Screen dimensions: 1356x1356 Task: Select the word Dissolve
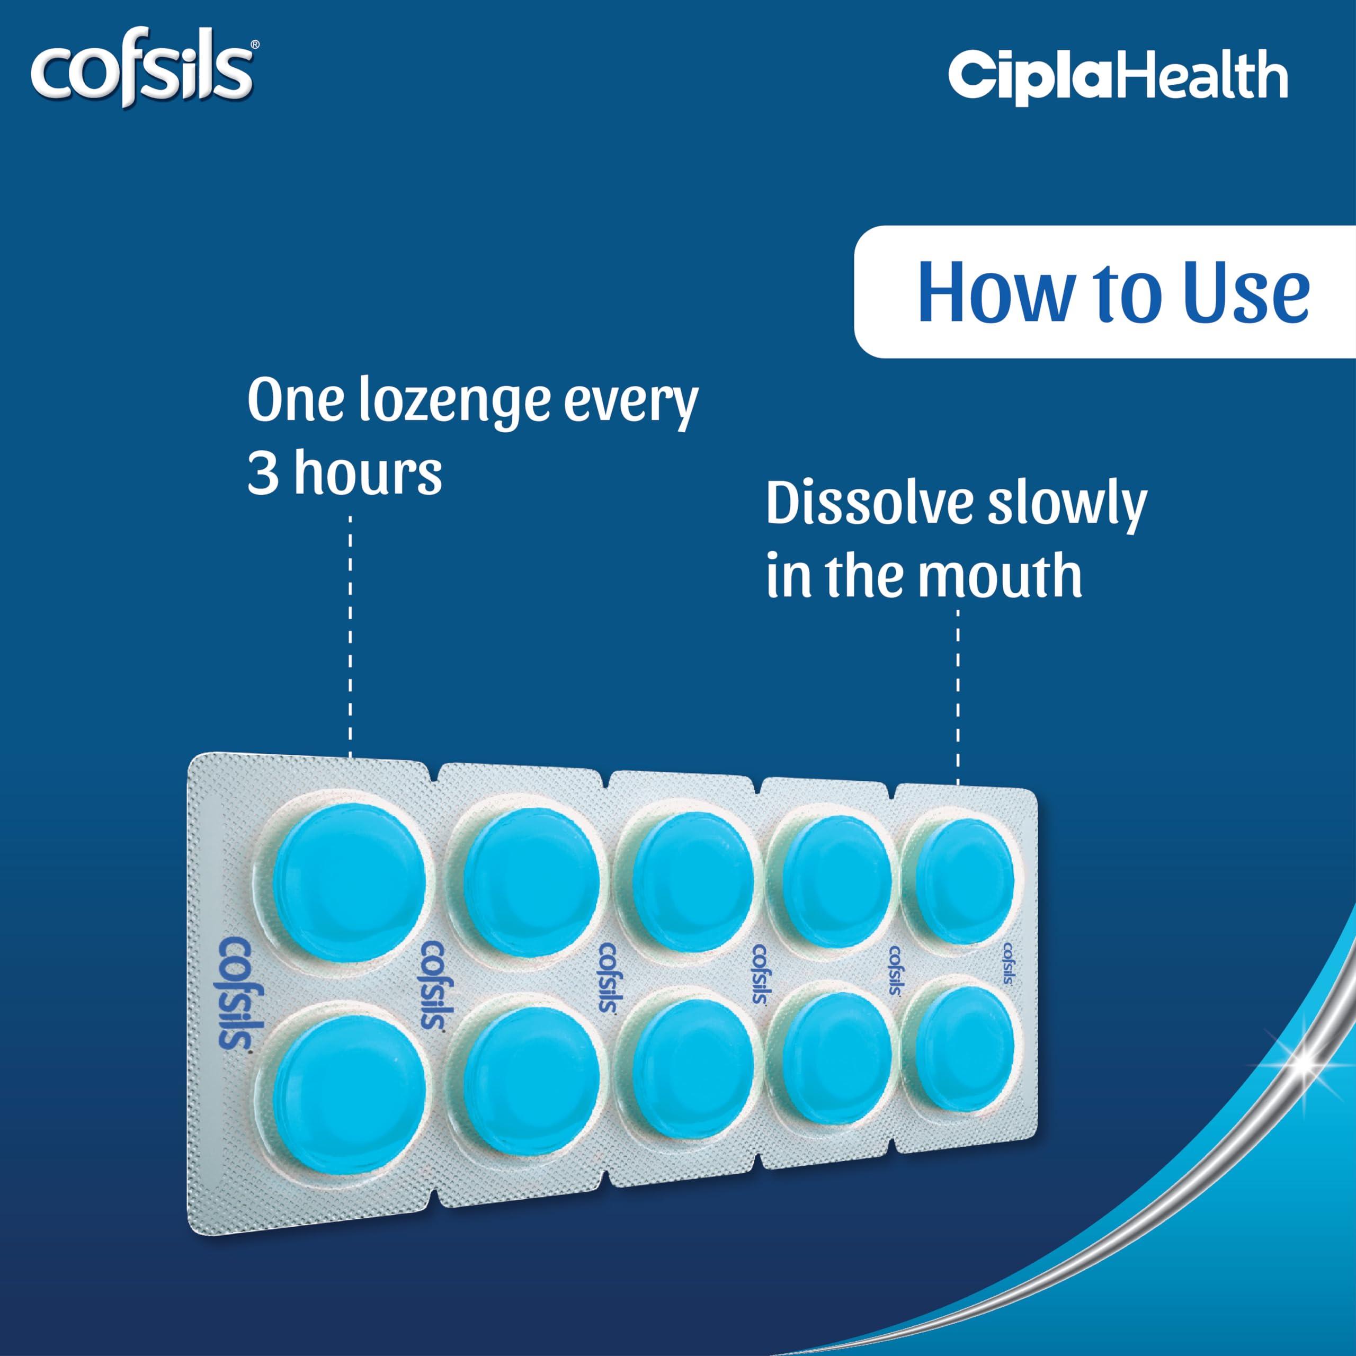[x=870, y=504]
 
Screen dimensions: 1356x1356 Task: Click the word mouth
[x=1000, y=576]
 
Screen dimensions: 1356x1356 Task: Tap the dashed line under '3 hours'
[x=350, y=632]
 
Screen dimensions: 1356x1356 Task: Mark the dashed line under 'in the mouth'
[x=958, y=695]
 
